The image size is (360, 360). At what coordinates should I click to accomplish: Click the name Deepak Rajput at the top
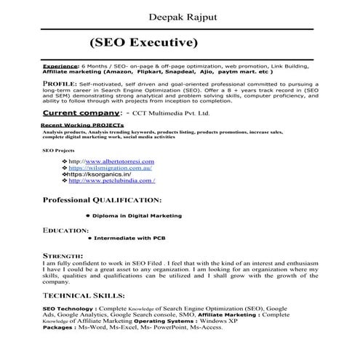(179, 12)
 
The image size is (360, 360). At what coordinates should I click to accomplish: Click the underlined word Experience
(60, 65)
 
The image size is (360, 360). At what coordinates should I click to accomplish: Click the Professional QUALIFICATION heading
(102, 199)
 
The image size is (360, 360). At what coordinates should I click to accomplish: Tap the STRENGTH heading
(63, 257)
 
